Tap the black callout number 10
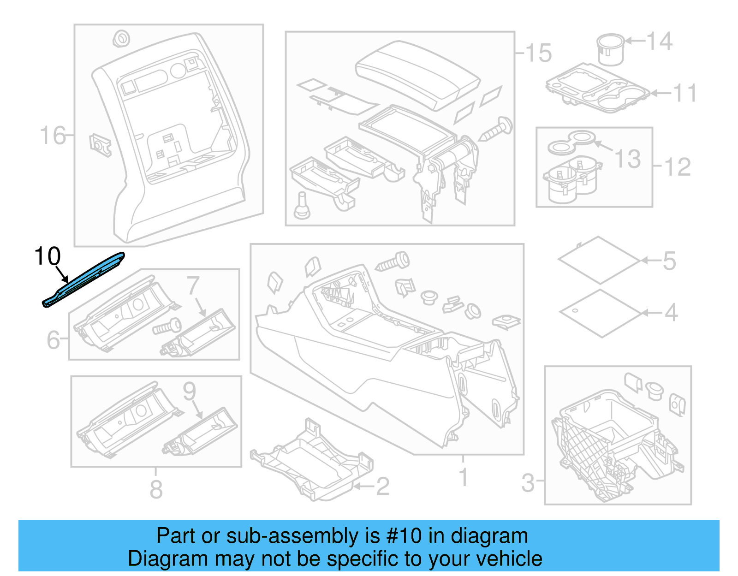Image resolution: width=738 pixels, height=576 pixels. [x=47, y=256]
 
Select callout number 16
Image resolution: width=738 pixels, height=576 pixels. [x=52, y=136]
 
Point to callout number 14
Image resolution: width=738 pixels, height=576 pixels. [x=659, y=42]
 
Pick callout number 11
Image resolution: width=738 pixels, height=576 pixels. [x=684, y=93]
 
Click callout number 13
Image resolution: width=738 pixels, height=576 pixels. [x=628, y=159]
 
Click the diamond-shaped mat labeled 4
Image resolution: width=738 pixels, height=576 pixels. [x=601, y=313]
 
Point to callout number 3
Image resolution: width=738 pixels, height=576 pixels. [x=528, y=483]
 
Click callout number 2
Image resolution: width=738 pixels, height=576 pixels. [x=382, y=487]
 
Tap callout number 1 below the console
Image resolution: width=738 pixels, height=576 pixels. [x=464, y=477]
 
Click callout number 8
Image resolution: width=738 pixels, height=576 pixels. [x=156, y=489]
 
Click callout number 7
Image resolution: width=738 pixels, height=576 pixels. [x=193, y=286]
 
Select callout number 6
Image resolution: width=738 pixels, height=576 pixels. [x=53, y=340]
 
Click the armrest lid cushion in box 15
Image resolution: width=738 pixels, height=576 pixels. [x=417, y=74]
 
